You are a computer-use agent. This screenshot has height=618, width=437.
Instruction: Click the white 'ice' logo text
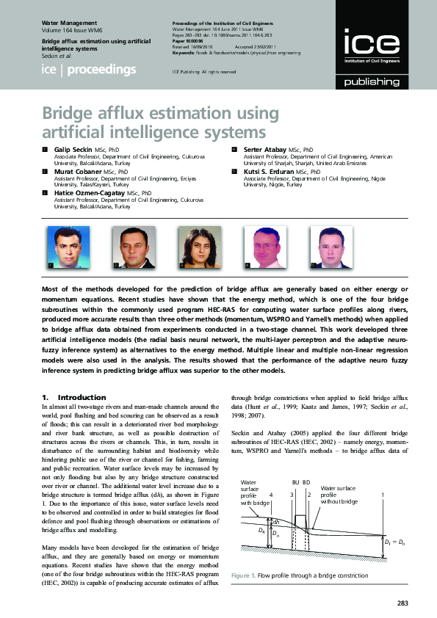(x=366, y=46)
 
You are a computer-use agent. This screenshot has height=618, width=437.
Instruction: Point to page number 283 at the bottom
(x=402, y=603)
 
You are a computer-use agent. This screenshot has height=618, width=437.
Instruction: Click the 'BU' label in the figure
(x=295, y=482)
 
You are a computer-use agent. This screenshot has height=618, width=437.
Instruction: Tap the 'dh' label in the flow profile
(x=276, y=522)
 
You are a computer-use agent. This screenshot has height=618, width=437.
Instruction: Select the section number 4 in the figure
(x=271, y=495)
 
